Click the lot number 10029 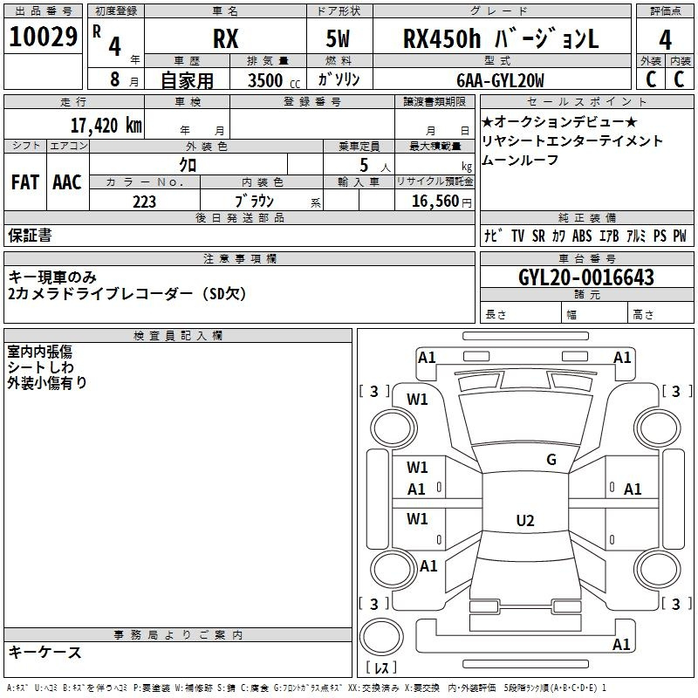tap(43, 37)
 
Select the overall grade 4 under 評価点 tap(665, 40)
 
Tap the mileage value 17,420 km tap(106, 126)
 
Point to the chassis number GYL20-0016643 tap(586, 277)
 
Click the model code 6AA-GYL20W tap(500, 80)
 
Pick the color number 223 tap(144, 202)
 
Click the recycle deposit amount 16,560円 tap(441, 202)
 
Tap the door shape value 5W tap(338, 38)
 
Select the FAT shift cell tap(25, 182)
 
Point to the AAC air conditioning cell tap(67, 182)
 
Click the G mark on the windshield tap(551, 460)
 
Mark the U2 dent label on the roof tap(525, 520)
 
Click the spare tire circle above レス tap(381, 637)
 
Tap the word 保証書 tap(30, 236)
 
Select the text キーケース tap(45, 652)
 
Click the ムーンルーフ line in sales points tap(520, 160)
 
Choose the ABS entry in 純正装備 tap(582, 236)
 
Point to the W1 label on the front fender tap(417, 400)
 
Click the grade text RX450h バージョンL tap(501, 38)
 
